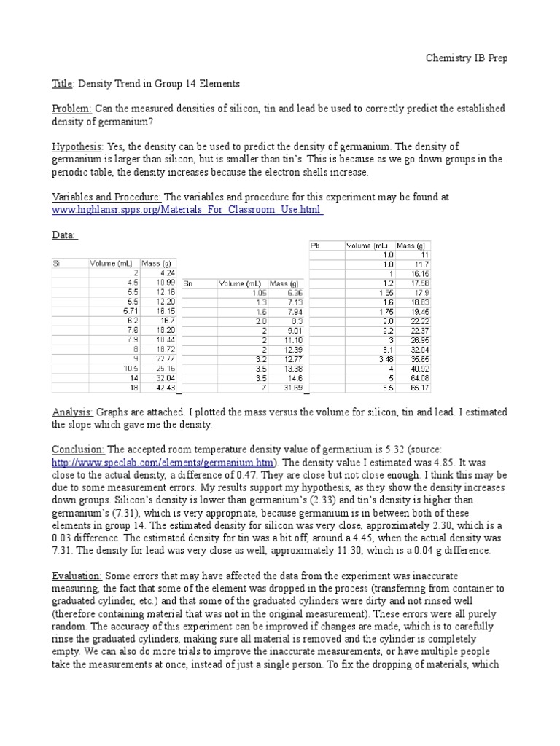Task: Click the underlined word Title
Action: tap(63, 84)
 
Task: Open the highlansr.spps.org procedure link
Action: tap(187, 209)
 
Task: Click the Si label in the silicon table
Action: tap(57, 263)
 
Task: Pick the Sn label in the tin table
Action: tap(188, 283)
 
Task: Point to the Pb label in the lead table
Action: tap(316, 246)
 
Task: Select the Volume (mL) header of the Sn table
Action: tap(240, 283)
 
